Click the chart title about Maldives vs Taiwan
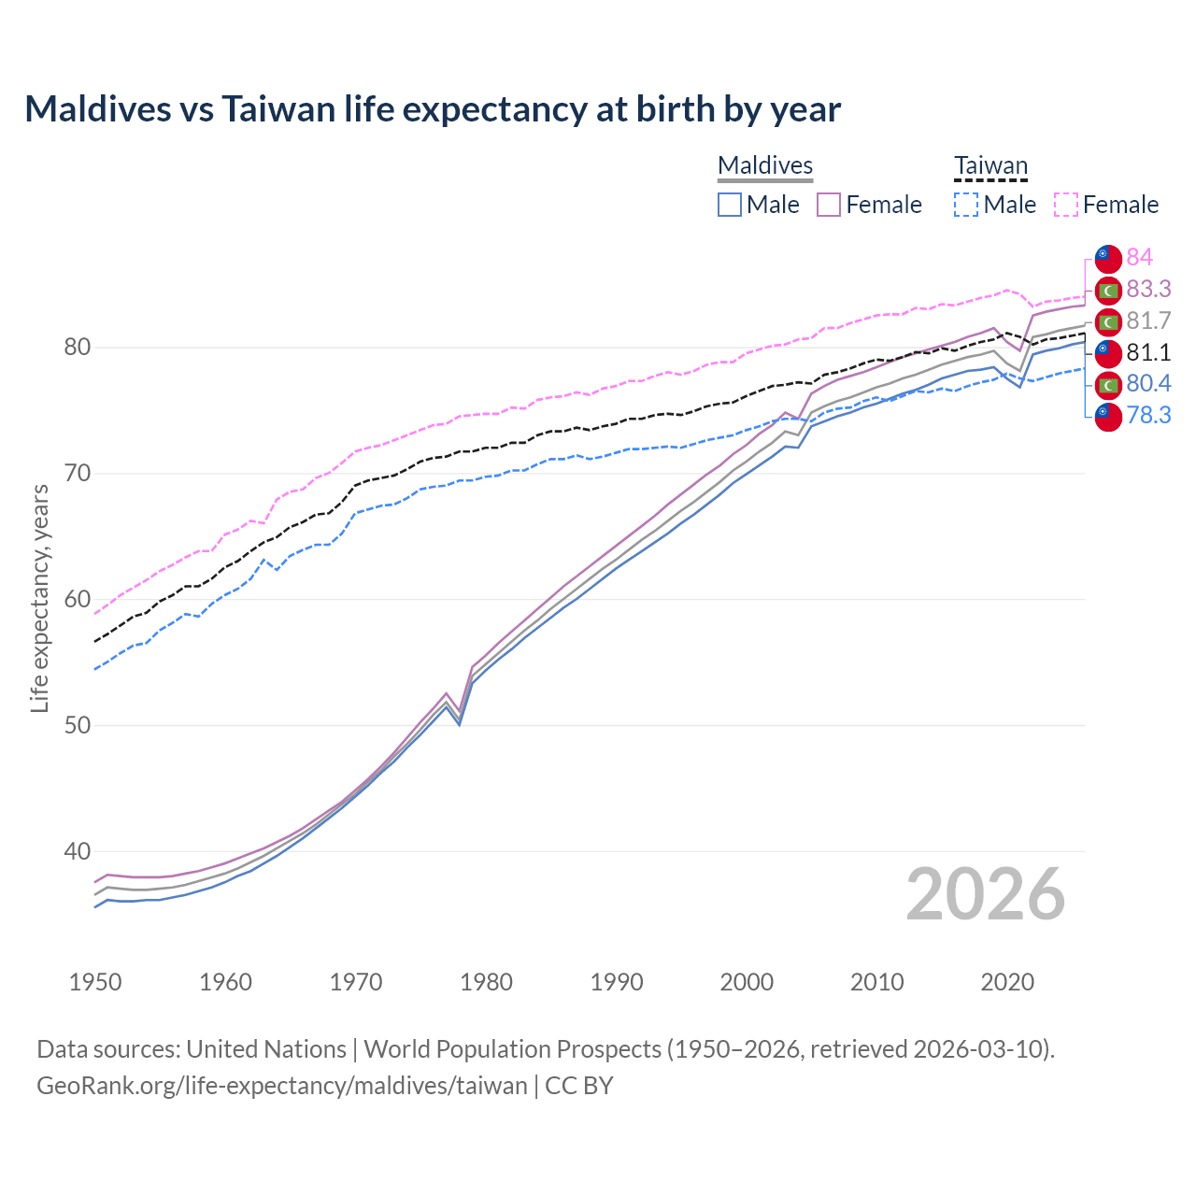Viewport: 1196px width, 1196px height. pos(433,109)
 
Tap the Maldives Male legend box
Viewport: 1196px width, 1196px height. pos(730,205)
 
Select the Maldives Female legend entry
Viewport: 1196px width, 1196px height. pos(870,205)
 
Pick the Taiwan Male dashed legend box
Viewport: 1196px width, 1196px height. pos(966,205)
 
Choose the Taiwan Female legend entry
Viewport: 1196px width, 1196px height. pos(1107,205)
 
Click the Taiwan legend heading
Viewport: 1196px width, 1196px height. pos(990,166)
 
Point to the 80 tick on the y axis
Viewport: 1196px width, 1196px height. pos(77,348)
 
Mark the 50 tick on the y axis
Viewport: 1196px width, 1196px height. pos(77,725)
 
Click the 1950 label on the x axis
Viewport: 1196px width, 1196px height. pos(95,982)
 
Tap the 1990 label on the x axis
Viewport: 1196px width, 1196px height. pos(617,982)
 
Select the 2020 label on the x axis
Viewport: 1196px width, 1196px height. pos(1007,982)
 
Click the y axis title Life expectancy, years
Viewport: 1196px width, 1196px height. pos(39,598)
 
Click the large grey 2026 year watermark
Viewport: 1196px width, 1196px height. pos(985,894)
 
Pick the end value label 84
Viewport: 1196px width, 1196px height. pos(1139,257)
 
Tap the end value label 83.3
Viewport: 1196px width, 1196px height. pos(1148,289)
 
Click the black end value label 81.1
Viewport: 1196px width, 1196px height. pos(1148,352)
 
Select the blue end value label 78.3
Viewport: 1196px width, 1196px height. pos(1148,415)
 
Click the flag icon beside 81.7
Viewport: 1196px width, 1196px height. pos(1108,321)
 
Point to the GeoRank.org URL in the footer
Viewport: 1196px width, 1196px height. pos(282,1086)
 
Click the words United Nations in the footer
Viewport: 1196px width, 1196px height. pos(266,1049)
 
